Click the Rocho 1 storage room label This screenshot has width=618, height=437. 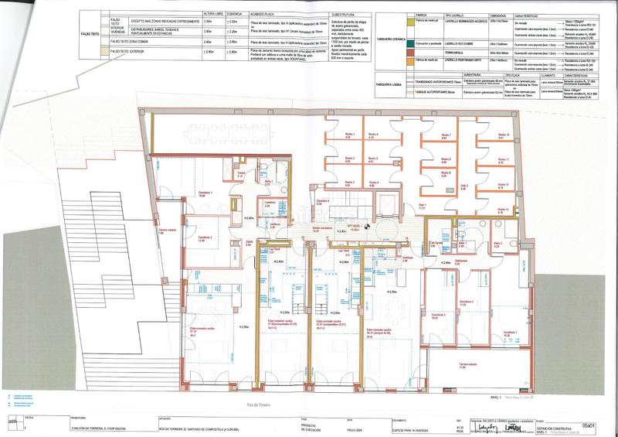pyautogui.click(x=348, y=135)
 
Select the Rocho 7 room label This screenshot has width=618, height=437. pyautogui.click(x=445, y=136)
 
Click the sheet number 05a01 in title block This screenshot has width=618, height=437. pyautogui.click(x=590, y=425)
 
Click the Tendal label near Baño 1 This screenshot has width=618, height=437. pyautogui.click(x=240, y=174)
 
